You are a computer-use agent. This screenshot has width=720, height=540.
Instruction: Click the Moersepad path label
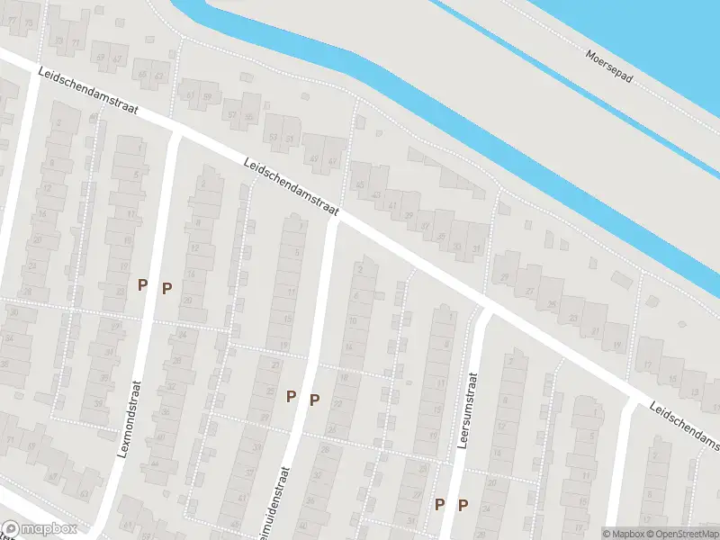point(608,66)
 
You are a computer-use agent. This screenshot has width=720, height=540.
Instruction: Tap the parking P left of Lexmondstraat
point(142,284)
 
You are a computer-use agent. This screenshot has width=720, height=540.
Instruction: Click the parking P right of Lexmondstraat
point(166,288)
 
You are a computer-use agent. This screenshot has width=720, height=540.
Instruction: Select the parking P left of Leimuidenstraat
point(291,395)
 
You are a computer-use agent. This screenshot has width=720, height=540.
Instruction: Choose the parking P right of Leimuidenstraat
point(314,400)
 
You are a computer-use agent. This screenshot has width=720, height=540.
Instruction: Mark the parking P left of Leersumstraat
point(439,504)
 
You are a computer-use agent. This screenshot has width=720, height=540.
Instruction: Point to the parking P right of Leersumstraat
point(463,506)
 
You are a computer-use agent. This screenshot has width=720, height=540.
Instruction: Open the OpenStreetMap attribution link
point(682,534)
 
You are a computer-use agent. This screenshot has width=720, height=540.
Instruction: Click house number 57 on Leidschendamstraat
point(231,115)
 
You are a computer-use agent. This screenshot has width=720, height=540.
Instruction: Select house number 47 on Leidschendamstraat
point(333,162)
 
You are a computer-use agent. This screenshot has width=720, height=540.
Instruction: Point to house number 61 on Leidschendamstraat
point(190,94)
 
